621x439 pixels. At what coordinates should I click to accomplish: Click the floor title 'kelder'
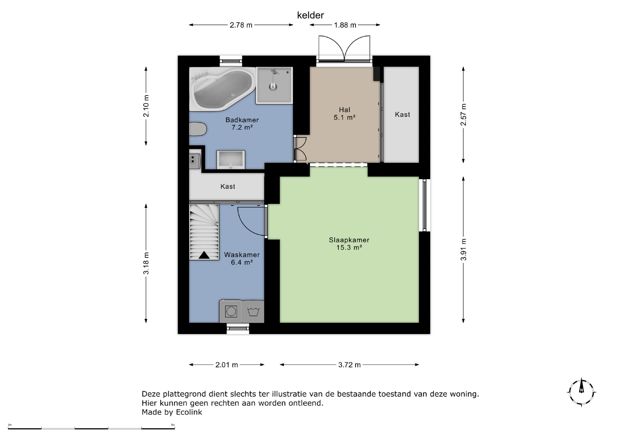pos(310,15)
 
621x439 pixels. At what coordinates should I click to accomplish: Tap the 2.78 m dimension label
pos(241,25)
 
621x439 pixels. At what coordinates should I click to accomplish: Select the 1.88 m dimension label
pos(345,25)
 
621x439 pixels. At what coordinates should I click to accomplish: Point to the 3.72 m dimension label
pos(349,365)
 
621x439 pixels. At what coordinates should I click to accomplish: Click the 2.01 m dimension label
pos(227,365)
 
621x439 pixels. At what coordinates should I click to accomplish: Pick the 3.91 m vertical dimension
pos(463,250)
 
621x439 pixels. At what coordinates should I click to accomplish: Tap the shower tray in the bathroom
pos(274,85)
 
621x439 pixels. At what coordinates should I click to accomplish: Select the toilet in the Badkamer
pos(198,129)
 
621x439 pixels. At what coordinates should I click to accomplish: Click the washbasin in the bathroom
pos(231,160)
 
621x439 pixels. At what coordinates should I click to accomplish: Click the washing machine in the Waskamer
pos(231,311)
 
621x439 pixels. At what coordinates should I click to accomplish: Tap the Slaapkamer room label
pos(349,244)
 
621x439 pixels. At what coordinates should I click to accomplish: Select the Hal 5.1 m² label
pos(345,114)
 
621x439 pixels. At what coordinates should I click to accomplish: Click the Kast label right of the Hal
pos(402,115)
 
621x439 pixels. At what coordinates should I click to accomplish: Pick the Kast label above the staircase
pos(228,187)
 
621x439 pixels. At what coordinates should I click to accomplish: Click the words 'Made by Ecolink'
pos(172,412)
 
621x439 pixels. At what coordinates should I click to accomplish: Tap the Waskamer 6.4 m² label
pos(242,259)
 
